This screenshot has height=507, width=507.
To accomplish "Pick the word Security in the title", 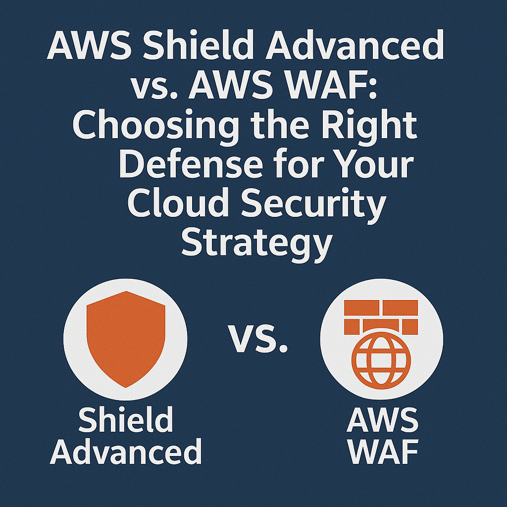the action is tap(318, 205).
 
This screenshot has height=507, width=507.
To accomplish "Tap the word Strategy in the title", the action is tap(255, 244).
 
